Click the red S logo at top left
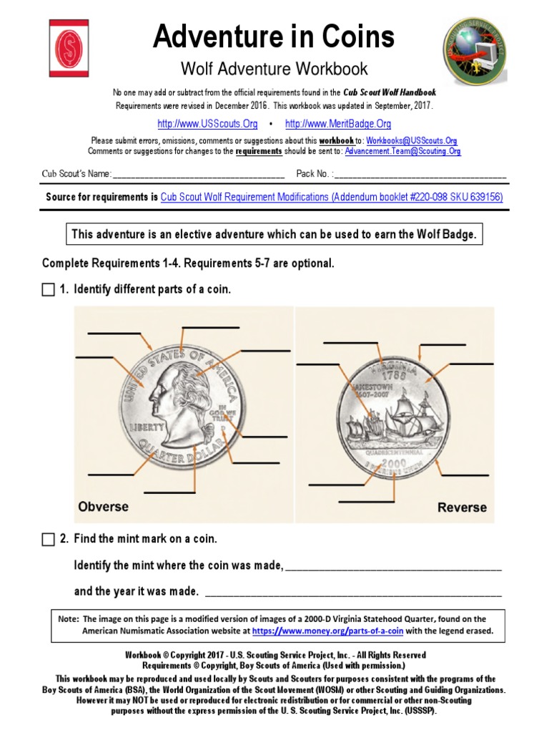[69, 47]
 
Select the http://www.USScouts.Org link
[207, 124]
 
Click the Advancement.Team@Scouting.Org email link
[402, 151]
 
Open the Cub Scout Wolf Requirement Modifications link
[332, 197]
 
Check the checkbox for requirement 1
[48, 290]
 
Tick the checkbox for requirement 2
[48, 539]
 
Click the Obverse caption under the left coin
[103, 507]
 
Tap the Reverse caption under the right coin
[462, 508]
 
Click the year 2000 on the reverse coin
[392, 463]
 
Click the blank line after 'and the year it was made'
[353, 593]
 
